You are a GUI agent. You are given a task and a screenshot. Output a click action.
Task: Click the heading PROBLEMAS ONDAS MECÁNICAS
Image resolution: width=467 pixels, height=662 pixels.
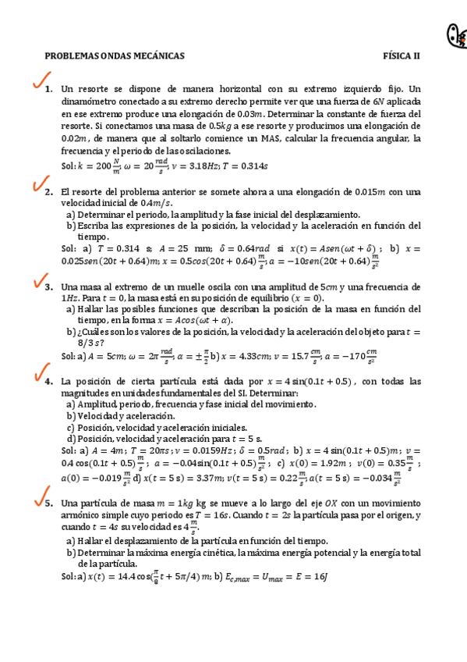pyautogui.click(x=115, y=56)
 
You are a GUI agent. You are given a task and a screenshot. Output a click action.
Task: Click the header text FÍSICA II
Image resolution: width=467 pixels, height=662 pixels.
pyautogui.click(x=401, y=56)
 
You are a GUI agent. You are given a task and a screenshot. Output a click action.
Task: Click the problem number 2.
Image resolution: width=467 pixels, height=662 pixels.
pyautogui.click(x=48, y=192)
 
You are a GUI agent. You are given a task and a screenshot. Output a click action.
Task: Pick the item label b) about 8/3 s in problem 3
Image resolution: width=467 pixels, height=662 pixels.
pyautogui.click(x=71, y=331)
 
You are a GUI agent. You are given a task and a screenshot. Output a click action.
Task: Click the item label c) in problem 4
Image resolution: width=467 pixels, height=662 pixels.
pyautogui.click(x=71, y=427)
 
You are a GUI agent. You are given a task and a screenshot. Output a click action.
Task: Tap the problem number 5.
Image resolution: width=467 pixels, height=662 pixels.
pyautogui.click(x=48, y=504)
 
